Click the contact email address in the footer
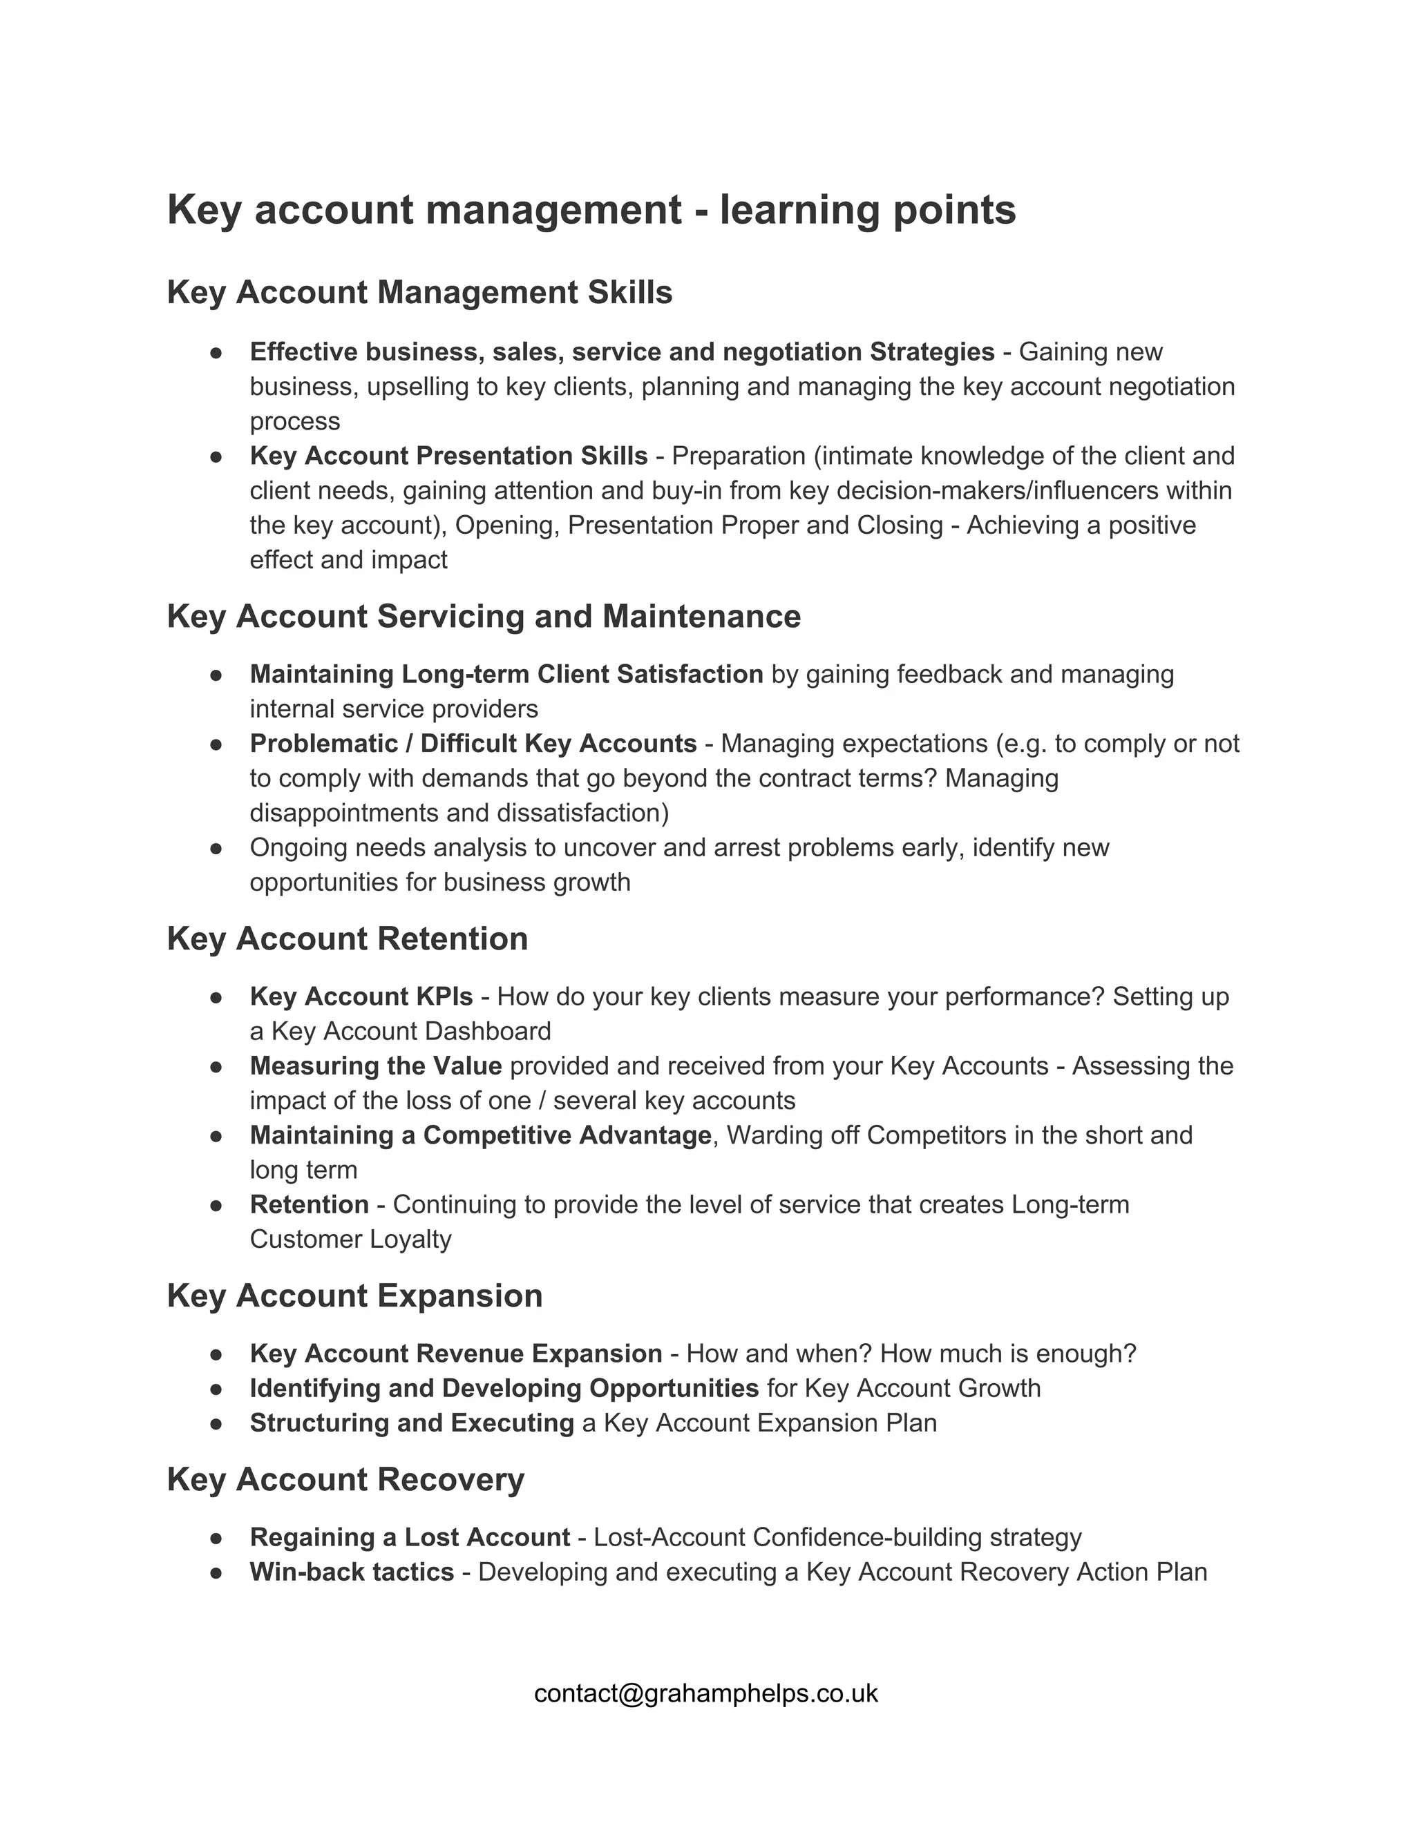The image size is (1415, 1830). click(706, 1693)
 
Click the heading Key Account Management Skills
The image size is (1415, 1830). click(419, 292)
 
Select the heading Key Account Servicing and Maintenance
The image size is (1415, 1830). click(484, 617)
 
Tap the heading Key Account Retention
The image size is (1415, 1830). click(347, 938)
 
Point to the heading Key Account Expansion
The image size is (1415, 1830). click(354, 1296)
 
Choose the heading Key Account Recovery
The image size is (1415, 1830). click(345, 1479)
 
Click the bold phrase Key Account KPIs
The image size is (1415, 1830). click(361, 996)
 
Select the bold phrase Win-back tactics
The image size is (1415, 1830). click(351, 1571)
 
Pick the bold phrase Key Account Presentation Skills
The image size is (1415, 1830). click(448, 456)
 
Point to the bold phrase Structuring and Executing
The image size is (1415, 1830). click(412, 1423)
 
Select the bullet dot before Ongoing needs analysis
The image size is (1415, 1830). click(216, 848)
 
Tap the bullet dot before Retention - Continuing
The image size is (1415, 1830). click(216, 1205)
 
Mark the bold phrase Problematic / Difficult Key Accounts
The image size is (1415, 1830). click(473, 743)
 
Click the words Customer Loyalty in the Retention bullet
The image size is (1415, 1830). click(350, 1240)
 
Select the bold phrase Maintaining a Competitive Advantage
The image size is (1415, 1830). click(480, 1135)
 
